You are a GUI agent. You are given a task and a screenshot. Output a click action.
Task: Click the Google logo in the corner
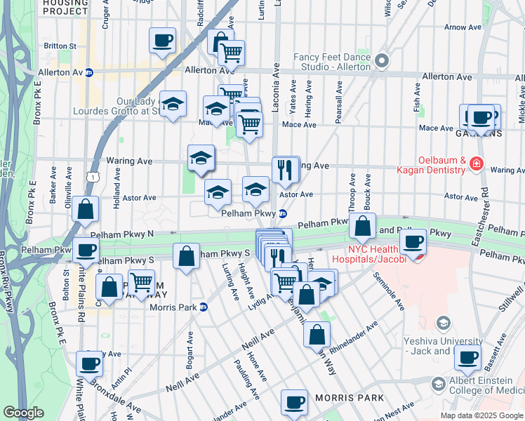(23, 413)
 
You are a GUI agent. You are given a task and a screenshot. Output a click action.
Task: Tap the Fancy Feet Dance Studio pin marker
(382, 61)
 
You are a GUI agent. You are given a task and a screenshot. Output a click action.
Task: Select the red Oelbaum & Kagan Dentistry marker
(477, 163)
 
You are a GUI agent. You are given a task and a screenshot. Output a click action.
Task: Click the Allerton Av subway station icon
(89, 72)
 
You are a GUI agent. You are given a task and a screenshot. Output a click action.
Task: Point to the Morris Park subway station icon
(204, 306)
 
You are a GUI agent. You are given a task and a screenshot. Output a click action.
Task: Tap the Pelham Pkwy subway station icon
(283, 213)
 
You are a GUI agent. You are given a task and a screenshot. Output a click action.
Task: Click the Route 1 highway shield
(93, 178)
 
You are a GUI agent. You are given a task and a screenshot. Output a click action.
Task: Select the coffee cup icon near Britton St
(162, 41)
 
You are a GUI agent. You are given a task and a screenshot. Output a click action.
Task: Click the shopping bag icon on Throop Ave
(362, 226)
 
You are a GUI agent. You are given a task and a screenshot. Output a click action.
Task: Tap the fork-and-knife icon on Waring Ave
(286, 169)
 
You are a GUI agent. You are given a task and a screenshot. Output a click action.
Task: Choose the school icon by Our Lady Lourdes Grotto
(173, 105)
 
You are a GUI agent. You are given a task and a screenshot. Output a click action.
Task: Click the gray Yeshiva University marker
(443, 323)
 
